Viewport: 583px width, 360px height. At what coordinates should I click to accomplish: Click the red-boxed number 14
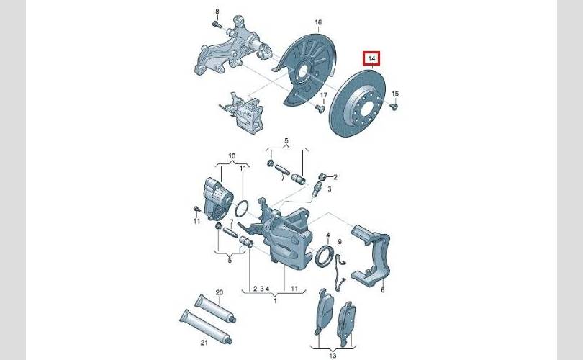tap(372, 59)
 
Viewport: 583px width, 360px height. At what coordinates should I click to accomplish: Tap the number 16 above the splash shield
tap(318, 23)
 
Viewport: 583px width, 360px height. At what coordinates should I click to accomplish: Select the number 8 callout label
tap(217, 12)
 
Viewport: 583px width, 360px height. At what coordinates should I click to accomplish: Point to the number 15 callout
tap(395, 94)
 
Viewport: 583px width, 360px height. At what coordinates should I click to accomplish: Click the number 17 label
tap(323, 96)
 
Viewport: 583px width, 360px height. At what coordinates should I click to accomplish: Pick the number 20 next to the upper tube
tap(220, 292)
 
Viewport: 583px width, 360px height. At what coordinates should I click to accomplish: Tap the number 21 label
tap(204, 343)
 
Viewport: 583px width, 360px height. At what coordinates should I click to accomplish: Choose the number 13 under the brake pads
tap(333, 356)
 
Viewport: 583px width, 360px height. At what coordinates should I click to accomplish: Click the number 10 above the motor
tap(232, 156)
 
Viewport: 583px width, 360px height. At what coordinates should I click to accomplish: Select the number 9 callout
tap(340, 242)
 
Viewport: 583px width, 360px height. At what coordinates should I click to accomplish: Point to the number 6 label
tap(383, 290)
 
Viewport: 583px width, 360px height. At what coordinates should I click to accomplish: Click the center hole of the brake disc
tap(367, 108)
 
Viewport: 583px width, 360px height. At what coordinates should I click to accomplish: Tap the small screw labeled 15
tap(394, 107)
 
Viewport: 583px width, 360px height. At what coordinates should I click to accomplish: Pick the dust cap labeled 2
tap(322, 176)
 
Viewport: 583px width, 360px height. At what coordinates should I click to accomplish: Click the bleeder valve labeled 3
tap(317, 189)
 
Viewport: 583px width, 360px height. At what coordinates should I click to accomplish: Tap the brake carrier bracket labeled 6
tap(371, 255)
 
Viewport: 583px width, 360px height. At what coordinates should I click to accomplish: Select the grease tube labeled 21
tap(206, 327)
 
